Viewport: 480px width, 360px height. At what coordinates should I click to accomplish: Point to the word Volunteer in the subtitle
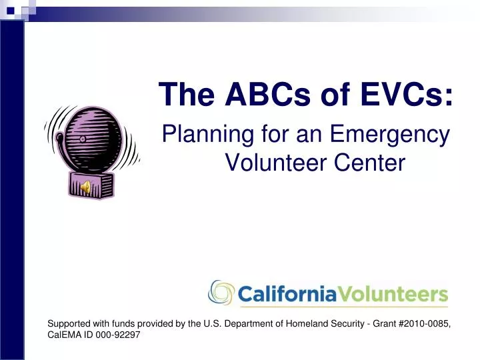tap(270, 162)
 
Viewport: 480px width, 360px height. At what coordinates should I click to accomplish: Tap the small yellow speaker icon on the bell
tap(85, 188)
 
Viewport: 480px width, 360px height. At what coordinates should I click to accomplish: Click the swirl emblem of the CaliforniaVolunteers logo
tap(222, 292)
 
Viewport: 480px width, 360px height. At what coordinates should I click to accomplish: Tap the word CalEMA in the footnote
tap(63, 335)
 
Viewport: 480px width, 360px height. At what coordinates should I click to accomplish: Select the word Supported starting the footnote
tap(69, 323)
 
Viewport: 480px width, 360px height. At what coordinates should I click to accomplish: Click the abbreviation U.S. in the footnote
tap(231, 323)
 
